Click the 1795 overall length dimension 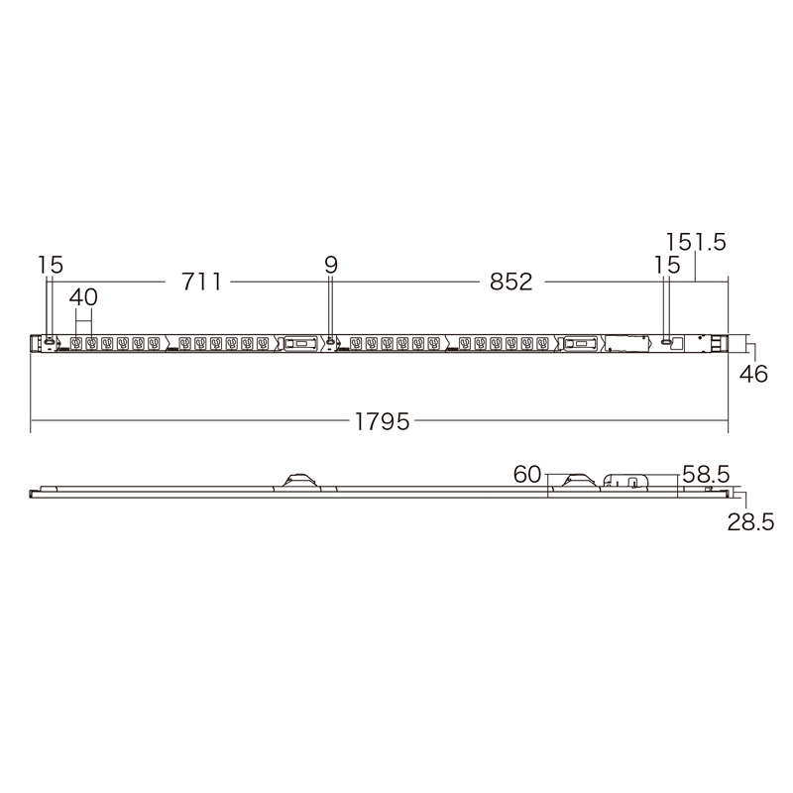pyautogui.click(x=382, y=421)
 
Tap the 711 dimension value pyautogui.click(x=201, y=282)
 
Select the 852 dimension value pyautogui.click(x=510, y=282)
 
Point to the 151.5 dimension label pyautogui.click(x=696, y=242)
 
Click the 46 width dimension pyautogui.click(x=753, y=374)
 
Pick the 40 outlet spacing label pyautogui.click(x=83, y=296)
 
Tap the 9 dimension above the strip pyautogui.click(x=331, y=265)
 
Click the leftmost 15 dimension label pyautogui.click(x=51, y=265)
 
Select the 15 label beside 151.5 pyautogui.click(x=667, y=265)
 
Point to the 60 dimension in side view pyautogui.click(x=527, y=475)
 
